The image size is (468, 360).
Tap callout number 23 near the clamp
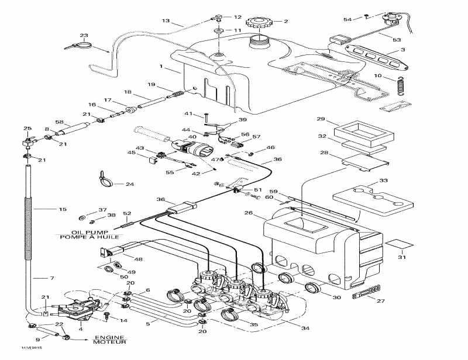point(84,35)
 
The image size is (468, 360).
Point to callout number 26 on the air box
point(248,213)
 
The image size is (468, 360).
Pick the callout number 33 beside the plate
point(383,181)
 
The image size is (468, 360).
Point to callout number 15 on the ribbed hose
point(63,209)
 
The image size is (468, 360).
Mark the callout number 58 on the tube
point(59,122)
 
